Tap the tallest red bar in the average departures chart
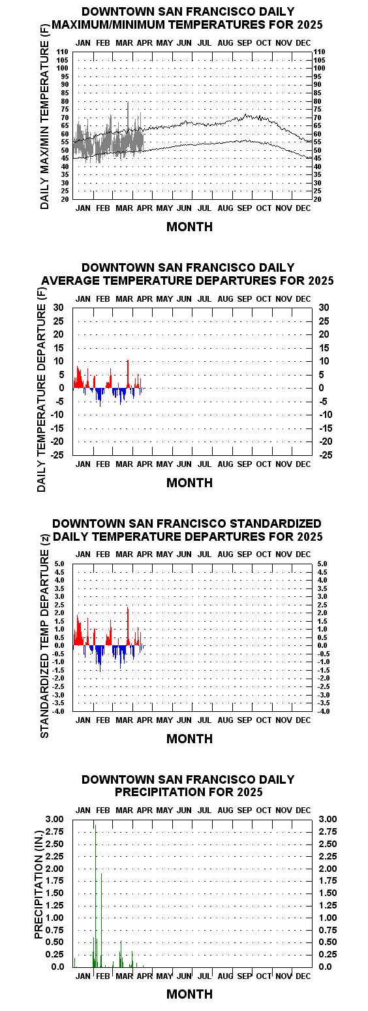click(x=128, y=374)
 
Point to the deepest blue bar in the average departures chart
click(x=100, y=397)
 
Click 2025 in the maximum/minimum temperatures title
click(x=309, y=24)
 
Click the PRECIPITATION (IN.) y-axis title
click(x=38, y=892)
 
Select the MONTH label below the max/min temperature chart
click(x=189, y=227)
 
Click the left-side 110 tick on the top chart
click(x=62, y=52)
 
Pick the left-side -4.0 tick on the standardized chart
click(x=60, y=711)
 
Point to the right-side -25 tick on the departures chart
click(x=326, y=455)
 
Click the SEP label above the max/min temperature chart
click(x=245, y=43)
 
